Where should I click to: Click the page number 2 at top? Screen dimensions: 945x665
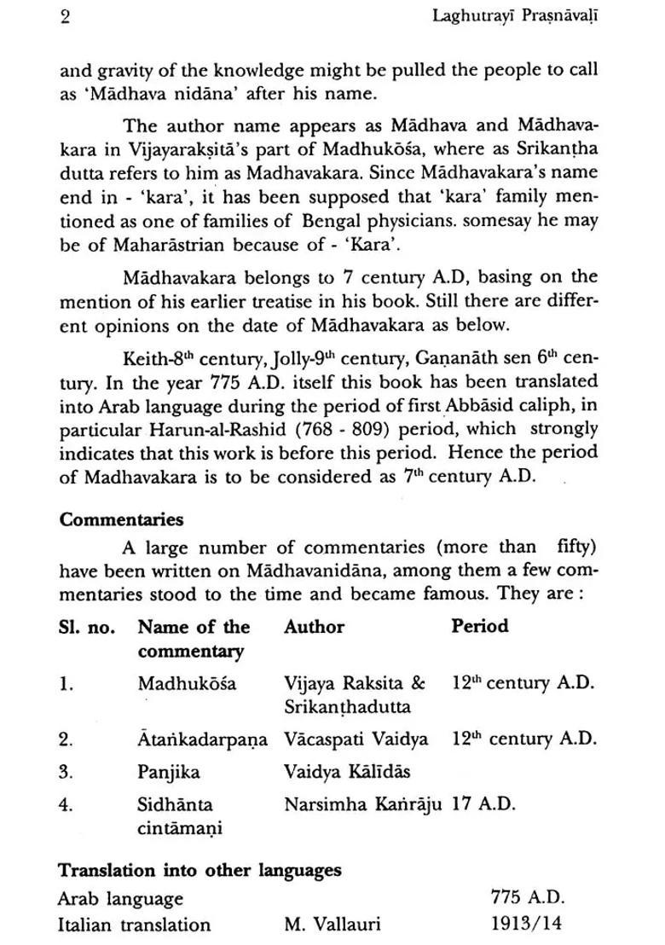coord(66,17)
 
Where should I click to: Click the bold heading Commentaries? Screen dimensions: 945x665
coord(121,519)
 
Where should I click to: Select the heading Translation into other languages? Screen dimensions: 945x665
coord(199,871)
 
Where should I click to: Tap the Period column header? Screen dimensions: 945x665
coord(479,627)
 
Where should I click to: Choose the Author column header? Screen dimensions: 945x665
coord(314,627)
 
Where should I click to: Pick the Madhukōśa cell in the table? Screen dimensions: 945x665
coord(187,683)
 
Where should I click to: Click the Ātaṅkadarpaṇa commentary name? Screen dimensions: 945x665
coord(201,739)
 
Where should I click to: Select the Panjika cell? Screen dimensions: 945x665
coord(169,772)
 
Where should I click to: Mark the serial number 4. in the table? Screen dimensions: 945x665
coord(66,804)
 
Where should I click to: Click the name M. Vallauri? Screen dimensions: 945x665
coord(333,925)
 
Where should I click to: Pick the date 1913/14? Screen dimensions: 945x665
coord(526,925)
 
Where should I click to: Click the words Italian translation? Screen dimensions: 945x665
coord(134,925)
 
